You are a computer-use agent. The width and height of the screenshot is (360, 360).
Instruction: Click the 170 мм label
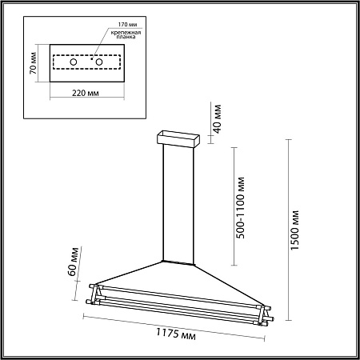click(x=127, y=25)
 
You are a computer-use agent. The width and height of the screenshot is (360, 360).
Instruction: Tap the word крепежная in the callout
click(x=126, y=33)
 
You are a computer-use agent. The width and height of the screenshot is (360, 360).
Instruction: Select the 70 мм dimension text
click(x=34, y=63)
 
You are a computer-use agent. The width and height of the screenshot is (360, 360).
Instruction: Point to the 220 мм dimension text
click(x=86, y=93)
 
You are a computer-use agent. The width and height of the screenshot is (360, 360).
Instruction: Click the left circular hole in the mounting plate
click(x=74, y=62)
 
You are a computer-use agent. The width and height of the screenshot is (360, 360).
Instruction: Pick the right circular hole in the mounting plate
click(x=99, y=62)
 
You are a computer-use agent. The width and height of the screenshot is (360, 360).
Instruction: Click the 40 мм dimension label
click(x=218, y=119)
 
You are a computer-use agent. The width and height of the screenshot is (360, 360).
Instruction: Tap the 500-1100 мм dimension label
click(x=241, y=207)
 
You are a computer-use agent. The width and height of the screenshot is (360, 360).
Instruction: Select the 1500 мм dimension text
click(x=295, y=230)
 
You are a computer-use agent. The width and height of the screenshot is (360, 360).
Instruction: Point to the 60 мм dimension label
click(x=74, y=262)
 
